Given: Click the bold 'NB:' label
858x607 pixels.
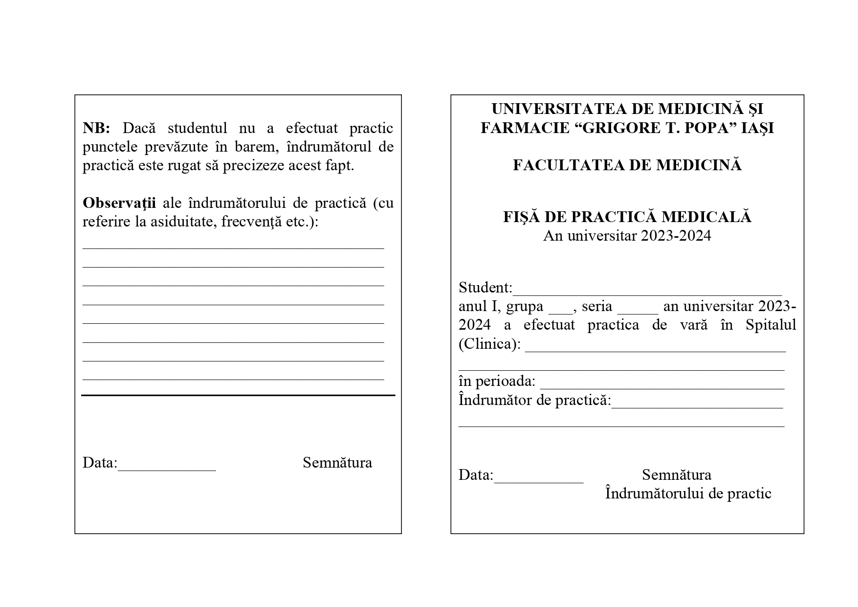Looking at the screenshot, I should tap(96, 128).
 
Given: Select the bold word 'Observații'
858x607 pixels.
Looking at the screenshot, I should tap(119, 203).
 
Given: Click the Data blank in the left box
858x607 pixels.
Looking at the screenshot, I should tap(167, 467).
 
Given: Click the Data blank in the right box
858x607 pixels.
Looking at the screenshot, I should tap(539, 479).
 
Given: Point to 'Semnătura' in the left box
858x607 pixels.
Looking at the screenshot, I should tap(337, 463).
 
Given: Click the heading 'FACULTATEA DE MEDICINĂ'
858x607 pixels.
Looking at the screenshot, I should tap(627, 165).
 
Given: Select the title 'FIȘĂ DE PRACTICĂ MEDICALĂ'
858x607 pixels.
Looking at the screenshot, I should tap(627, 217).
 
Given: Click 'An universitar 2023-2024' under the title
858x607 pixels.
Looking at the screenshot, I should tap(627, 236).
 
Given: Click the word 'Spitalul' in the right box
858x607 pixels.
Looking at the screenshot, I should tap(771, 325).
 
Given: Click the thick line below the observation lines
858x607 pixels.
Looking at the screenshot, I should tap(238, 395).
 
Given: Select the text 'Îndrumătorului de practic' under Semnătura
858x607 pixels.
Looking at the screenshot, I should tap(688, 494).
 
